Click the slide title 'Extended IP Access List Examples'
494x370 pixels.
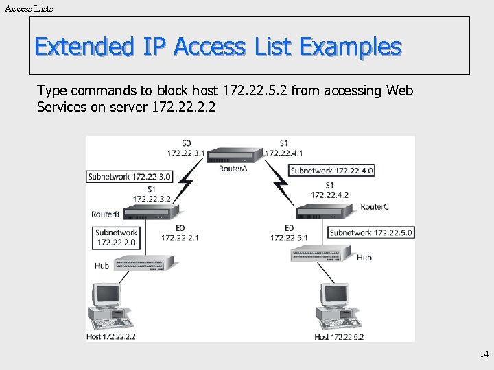217,47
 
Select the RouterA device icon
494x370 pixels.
235,155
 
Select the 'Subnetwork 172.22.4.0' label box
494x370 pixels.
331,171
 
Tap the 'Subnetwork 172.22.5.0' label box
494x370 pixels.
371,232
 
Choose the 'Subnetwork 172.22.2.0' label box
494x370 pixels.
117,237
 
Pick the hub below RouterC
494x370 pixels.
321,254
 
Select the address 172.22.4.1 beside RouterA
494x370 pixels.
284,153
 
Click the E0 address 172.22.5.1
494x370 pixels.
289,238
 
